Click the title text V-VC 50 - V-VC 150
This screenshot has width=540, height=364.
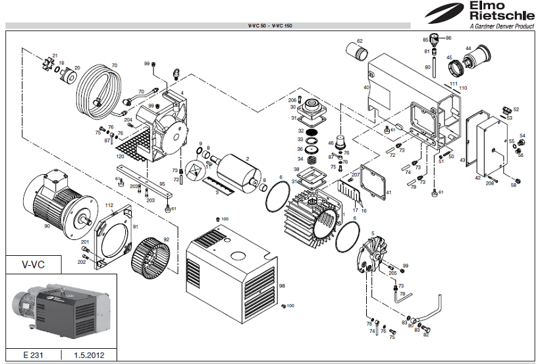click(x=270, y=25)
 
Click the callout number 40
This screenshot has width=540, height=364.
click(x=366, y=87)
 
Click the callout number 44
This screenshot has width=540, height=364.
click(x=469, y=47)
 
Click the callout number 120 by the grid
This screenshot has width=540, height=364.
click(x=120, y=156)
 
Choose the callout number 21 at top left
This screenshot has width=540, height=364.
click(x=55, y=55)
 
